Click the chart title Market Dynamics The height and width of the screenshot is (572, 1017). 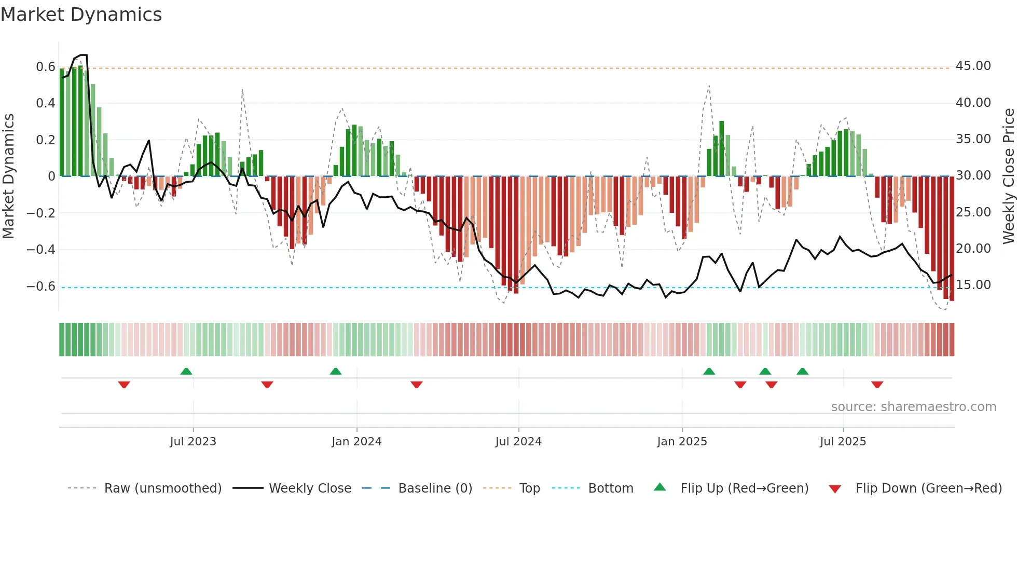pyautogui.click(x=81, y=15)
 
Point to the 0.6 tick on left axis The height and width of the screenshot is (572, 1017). pyautogui.click(x=45, y=67)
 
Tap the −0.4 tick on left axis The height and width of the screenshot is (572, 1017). pyautogui.click(x=40, y=250)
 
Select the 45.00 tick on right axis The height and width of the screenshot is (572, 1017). pyautogui.click(x=973, y=66)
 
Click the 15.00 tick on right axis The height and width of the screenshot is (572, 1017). pyautogui.click(x=973, y=285)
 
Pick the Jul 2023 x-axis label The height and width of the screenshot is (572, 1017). pyautogui.click(x=193, y=442)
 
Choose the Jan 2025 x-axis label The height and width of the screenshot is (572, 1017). pyautogui.click(x=681, y=442)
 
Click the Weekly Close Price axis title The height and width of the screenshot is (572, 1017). pyautogui.click(x=1008, y=176)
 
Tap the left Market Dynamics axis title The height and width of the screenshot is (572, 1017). pyautogui.click(x=9, y=176)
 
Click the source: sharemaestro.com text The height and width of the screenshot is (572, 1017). pyautogui.click(x=913, y=407)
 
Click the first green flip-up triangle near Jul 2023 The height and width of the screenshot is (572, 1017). pyautogui.click(x=186, y=371)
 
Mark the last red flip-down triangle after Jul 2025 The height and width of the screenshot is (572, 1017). pyautogui.click(x=877, y=385)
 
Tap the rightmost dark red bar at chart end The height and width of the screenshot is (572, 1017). pyautogui.click(x=952, y=239)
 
